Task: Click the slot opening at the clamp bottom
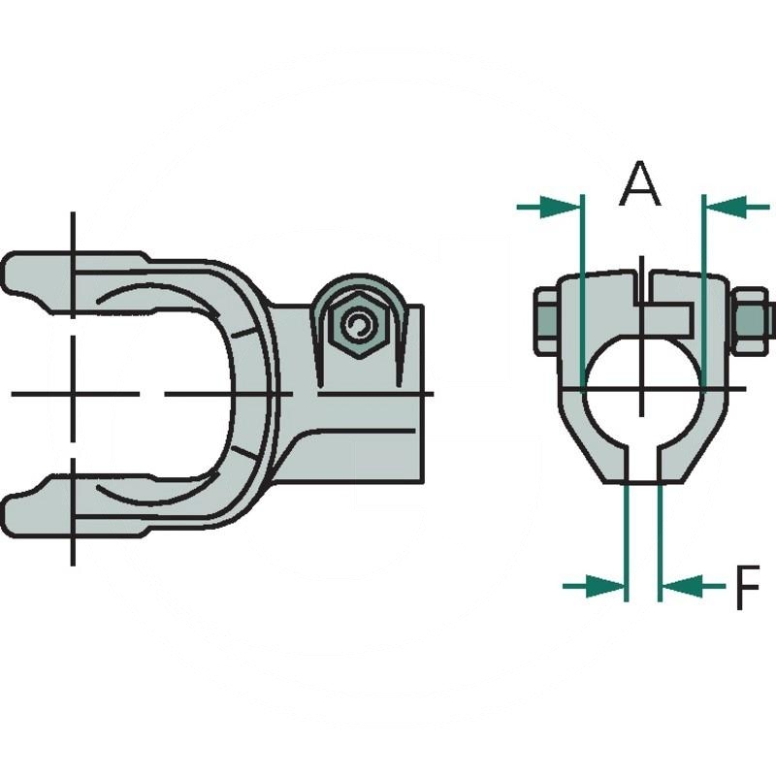coord(642,464)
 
